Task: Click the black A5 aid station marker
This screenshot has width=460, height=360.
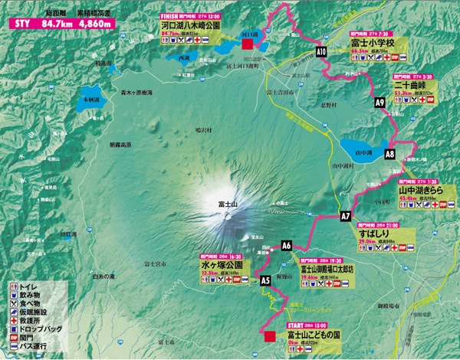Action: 266,281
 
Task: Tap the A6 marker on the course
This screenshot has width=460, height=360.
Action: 287,246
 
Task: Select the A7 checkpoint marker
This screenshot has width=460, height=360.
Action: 345,217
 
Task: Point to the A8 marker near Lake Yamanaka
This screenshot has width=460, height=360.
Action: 389,154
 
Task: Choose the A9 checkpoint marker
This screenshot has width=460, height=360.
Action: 379,102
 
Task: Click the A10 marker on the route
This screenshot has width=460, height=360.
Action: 321,51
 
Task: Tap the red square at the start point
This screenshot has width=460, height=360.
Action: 269,335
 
